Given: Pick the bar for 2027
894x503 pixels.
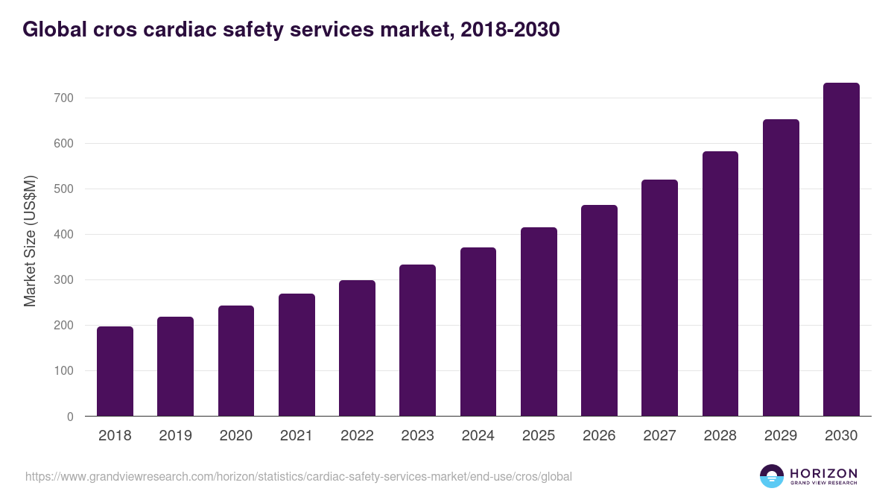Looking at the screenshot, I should (x=659, y=298).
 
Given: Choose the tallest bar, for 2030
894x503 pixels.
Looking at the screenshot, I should (x=841, y=250).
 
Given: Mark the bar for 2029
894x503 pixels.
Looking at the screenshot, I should (x=781, y=268).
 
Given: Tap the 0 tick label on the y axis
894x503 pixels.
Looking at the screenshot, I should (x=70, y=417).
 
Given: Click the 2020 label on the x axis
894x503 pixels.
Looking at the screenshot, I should (x=235, y=436).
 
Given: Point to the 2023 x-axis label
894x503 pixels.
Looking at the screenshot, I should (x=417, y=436).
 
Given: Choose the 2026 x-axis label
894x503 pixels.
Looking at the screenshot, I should (x=599, y=436).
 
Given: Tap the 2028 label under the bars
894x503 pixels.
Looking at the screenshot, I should (x=720, y=436).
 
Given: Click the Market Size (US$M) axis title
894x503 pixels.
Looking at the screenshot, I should (x=30, y=241).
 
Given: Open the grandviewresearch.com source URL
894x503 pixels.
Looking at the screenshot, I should (x=299, y=476).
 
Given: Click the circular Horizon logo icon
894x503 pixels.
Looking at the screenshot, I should (x=772, y=476).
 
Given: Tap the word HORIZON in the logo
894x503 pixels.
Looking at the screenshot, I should (x=823, y=473).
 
